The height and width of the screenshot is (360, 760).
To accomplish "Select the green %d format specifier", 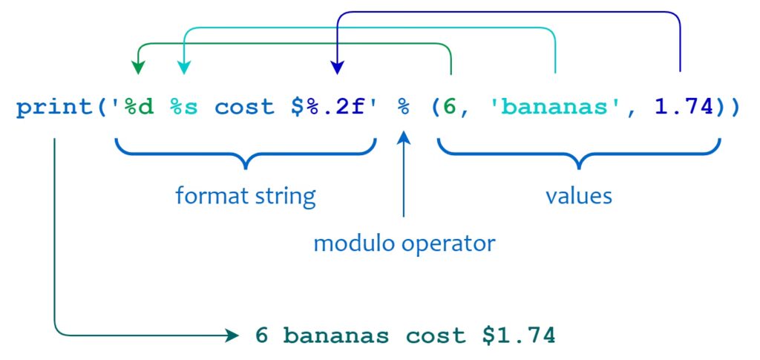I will pyautogui.click(x=138, y=108).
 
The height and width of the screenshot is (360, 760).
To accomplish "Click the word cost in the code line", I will pyautogui.click(x=244, y=108).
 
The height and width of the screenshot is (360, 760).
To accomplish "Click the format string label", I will pyautogui.click(x=246, y=196).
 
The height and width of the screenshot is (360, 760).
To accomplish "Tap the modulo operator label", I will pyautogui.click(x=404, y=243).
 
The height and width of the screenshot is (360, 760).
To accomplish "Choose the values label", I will pyautogui.click(x=579, y=196).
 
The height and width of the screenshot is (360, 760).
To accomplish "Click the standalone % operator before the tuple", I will pyautogui.click(x=404, y=108).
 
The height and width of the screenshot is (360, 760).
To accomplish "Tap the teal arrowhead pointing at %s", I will pyautogui.click(x=184, y=68).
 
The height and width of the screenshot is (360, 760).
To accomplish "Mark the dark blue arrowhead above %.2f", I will pyautogui.click(x=337, y=68).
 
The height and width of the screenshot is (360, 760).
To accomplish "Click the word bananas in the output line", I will pyautogui.click(x=336, y=336).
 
